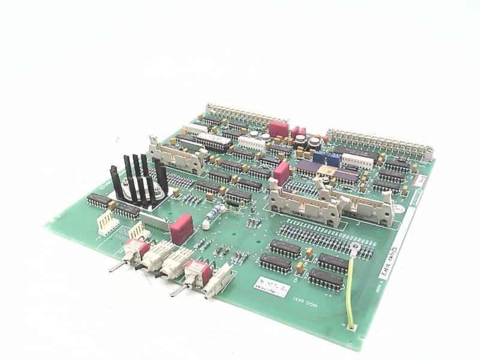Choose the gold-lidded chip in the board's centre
point(328,170)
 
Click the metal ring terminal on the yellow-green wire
point(355,247)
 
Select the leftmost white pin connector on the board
point(108,223)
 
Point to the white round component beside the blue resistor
point(206,225)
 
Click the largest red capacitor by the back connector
point(278,128)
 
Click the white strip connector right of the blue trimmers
point(357,160)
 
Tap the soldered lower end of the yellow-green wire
point(351,327)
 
